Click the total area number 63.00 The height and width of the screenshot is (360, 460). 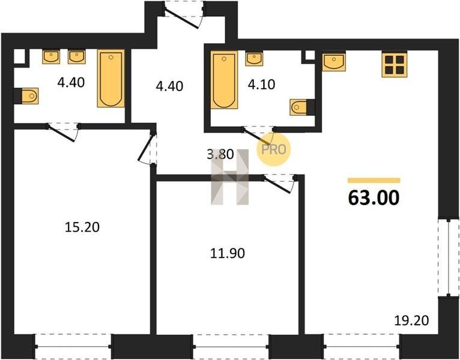pyautogui.click(x=374, y=198)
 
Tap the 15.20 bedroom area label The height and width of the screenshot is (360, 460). pyautogui.click(x=82, y=227)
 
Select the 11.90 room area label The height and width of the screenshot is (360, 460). pyautogui.click(x=228, y=253)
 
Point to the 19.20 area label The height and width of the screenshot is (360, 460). pyautogui.click(x=411, y=320)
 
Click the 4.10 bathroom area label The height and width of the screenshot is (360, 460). pyautogui.click(x=261, y=85)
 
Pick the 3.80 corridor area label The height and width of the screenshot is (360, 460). pyautogui.click(x=220, y=154)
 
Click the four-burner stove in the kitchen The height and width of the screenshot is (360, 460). pyautogui.click(x=395, y=64)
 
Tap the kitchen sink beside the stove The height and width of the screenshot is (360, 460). pyautogui.click(x=334, y=61)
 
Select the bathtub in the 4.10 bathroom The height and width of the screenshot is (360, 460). pyautogui.click(x=224, y=80)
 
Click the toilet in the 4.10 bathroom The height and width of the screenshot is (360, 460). pyautogui.click(x=302, y=107)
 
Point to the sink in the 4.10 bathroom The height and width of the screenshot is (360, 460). pyautogui.click(x=254, y=59)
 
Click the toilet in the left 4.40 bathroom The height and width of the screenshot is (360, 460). pyautogui.click(x=26, y=96)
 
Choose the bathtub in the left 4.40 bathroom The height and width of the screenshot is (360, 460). pyautogui.click(x=111, y=78)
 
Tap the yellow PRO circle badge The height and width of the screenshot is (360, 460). pyautogui.click(x=273, y=149)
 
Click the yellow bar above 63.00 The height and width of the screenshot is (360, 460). pyautogui.click(x=374, y=180)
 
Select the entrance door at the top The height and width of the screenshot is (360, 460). pyautogui.click(x=184, y=14)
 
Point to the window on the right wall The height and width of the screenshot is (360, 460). pyautogui.click(x=449, y=257)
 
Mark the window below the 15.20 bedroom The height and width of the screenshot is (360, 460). pyautogui.click(x=73, y=347)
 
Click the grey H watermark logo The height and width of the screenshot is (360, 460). pyautogui.click(x=230, y=177)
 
